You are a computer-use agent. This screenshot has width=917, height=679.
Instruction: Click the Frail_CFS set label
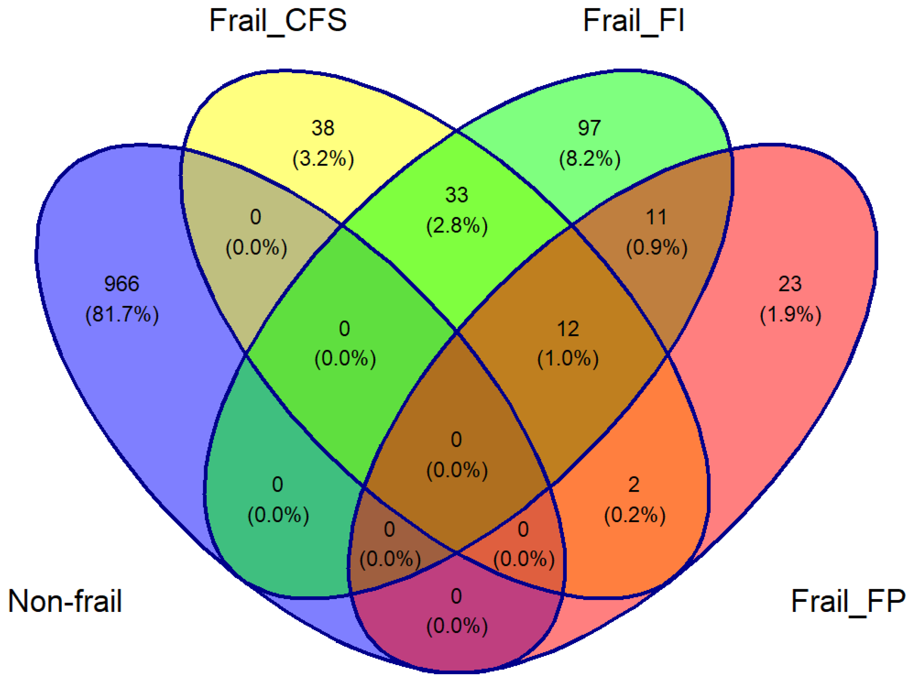(278, 20)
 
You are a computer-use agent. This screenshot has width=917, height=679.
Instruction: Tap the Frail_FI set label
(633, 20)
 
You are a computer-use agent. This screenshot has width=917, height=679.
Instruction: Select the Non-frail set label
(65, 601)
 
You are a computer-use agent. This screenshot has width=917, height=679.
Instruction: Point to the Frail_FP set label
(848, 601)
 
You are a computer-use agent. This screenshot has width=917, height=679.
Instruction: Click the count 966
(122, 284)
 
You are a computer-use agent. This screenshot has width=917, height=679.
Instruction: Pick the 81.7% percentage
(122, 315)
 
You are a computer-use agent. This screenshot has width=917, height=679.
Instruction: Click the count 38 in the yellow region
(323, 128)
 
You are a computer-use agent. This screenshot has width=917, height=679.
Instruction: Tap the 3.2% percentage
(323, 159)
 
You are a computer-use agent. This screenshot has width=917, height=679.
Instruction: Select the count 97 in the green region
(589, 128)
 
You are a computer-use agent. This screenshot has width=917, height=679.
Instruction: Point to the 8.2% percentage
(590, 159)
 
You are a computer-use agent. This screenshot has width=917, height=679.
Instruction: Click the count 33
(457, 195)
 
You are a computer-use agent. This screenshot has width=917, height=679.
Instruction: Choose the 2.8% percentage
(457, 226)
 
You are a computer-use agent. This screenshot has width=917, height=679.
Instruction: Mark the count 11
(657, 217)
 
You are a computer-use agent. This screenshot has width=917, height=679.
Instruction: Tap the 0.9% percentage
(657, 248)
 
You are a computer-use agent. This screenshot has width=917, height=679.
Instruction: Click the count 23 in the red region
(790, 284)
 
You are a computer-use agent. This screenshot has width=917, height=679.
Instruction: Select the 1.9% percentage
(790, 315)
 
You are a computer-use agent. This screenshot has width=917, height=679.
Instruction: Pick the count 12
(568, 328)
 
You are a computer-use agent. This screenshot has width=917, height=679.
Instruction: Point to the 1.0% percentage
(568, 359)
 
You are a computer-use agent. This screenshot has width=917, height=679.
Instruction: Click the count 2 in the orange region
(634, 484)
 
